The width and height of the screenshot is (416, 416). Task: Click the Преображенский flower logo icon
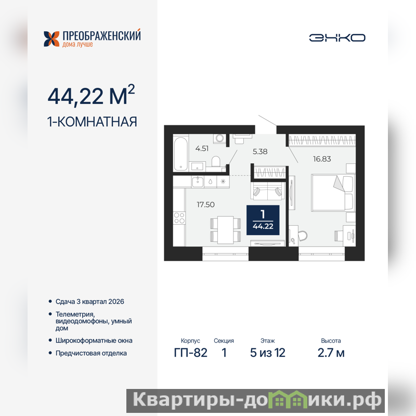(51, 39)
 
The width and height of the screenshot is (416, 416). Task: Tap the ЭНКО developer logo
(337, 37)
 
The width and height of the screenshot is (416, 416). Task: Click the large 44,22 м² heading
(91, 95)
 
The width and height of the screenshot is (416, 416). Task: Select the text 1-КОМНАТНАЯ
(92, 122)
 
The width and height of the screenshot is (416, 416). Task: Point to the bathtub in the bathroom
(180, 153)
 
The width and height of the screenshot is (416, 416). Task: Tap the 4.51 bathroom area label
(202, 149)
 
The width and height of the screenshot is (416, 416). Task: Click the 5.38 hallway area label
(260, 151)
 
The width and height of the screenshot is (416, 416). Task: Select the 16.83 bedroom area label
(322, 159)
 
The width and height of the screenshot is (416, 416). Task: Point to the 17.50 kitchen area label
(205, 204)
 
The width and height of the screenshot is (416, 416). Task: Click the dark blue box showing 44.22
(263, 220)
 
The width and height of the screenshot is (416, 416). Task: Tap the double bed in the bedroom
(333, 192)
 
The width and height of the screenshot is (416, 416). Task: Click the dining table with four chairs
(226, 230)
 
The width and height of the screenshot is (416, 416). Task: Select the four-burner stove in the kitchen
(179, 218)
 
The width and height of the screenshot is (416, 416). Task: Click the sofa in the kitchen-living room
(268, 191)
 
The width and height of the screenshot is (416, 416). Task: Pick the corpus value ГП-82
(190, 353)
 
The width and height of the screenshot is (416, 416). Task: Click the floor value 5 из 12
(268, 353)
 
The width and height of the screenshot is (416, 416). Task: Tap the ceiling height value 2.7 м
(331, 353)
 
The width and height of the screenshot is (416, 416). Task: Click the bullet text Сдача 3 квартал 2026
(89, 302)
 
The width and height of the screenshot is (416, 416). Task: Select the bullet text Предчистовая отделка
(91, 354)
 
